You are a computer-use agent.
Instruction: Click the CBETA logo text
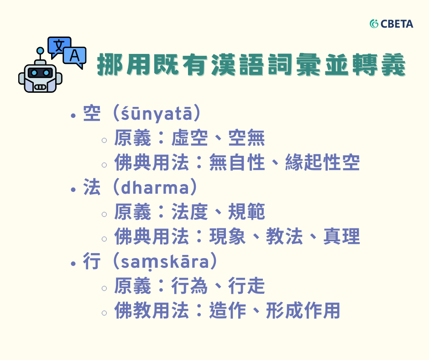coord(397,24)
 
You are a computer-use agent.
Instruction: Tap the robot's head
coord(40,78)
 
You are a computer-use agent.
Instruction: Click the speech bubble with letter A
coord(75,57)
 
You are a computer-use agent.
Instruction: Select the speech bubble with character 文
coord(59,47)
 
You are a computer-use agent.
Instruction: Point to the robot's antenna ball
coord(40,51)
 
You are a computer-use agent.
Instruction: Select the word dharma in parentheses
coord(155,188)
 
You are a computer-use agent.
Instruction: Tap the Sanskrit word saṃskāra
coord(165,262)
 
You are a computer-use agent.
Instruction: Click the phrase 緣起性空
coord(322,162)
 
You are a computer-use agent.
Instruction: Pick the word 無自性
coord(237,162)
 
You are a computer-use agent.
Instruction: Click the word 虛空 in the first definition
coord(189,138)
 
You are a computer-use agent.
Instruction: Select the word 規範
coord(246,212)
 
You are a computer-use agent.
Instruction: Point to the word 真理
coord(341,237)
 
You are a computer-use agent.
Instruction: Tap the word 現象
coord(227,237)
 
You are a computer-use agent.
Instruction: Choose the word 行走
coord(246,286)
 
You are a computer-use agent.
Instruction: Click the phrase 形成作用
coord(303,310)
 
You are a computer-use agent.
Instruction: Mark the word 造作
coord(227,310)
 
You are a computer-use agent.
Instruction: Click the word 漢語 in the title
coord(237,65)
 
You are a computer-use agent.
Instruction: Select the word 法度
coord(189,212)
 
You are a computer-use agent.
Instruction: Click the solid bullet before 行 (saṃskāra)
coord(73,264)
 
